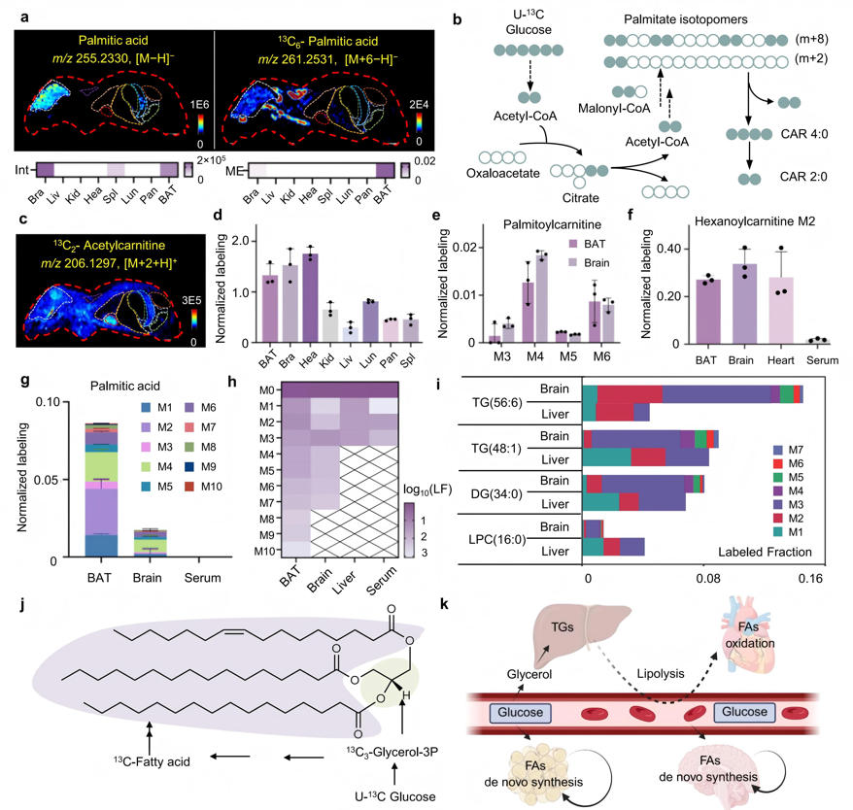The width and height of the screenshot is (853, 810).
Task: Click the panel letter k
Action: click(444, 604)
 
